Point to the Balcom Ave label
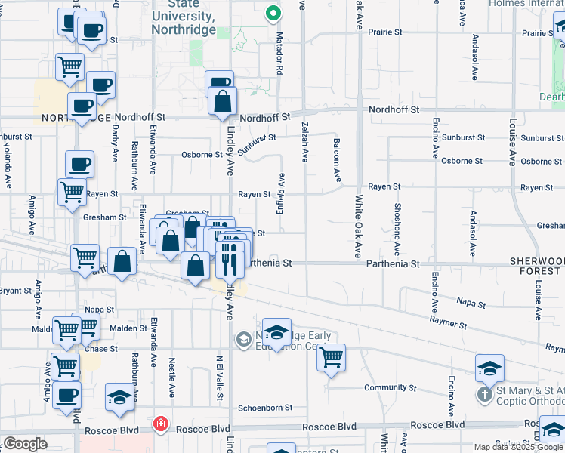pos(336,160)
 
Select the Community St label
pos(385,387)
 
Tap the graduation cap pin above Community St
pos(489,368)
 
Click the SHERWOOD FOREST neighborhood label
pos(536,266)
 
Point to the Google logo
pos(25,444)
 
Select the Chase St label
pos(101,349)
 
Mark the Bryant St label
pos(14,290)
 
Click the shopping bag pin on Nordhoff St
pos(222,101)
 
